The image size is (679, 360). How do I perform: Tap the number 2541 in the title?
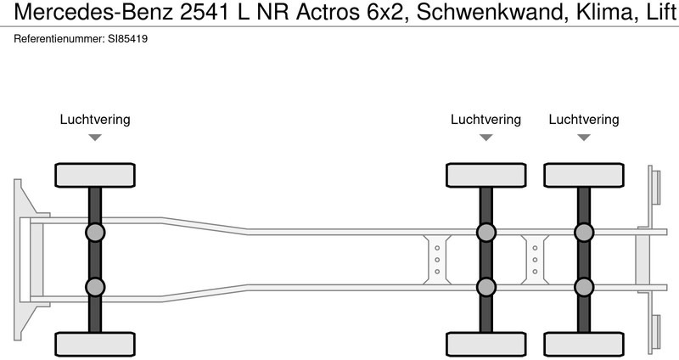[205, 12]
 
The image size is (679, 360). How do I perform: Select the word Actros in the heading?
[328, 12]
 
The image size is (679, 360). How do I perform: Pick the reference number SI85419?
[128, 38]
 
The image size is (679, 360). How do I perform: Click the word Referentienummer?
[59, 38]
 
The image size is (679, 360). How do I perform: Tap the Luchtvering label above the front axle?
[95, 120]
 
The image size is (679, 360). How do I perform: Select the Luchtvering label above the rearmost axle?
[584, 120]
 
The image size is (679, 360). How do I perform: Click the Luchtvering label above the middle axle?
[485, 120]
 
